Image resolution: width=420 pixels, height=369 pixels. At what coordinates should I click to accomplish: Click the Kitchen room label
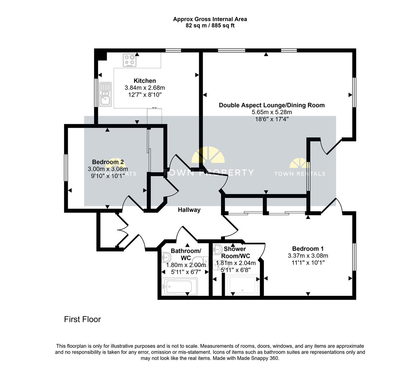144,81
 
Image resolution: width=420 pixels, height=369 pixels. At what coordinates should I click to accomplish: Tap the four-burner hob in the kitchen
130,60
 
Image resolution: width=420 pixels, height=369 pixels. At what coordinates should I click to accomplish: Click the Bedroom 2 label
108,162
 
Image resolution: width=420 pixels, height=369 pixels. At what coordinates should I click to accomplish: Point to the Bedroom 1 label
308,249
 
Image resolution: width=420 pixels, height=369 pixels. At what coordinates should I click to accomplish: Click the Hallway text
189,210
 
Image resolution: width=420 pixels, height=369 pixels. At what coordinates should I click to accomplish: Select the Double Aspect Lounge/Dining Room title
272,105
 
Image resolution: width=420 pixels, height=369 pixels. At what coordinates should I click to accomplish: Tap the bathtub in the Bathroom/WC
179,286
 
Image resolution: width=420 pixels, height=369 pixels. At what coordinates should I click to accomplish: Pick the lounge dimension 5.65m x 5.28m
272,112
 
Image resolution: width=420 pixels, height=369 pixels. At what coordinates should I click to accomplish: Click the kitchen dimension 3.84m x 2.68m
144,88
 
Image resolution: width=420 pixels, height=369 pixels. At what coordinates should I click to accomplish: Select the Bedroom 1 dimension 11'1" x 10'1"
308,262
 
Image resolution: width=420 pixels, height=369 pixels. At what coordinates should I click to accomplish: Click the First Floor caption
82,319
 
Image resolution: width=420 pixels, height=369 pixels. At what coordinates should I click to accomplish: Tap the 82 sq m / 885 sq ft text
210,25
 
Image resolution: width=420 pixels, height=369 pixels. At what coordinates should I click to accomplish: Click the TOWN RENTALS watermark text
300,174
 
